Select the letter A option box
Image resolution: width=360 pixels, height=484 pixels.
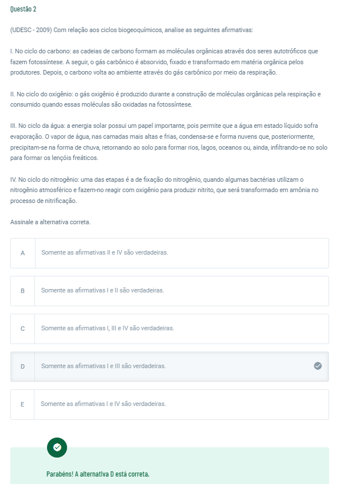(23, 253)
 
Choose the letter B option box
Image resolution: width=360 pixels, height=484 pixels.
(23, 291)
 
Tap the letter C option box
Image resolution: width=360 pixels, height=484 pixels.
(23, 329)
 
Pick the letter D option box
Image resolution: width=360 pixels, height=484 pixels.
(23, 366)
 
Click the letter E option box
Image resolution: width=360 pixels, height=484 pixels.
(23, 404)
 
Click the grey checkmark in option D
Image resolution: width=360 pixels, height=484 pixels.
(318, 366)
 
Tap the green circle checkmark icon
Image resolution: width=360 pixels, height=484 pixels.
(57, 447)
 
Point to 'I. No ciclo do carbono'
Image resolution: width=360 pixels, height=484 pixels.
(41, 52)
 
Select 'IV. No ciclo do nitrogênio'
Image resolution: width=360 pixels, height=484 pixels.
(45, 179)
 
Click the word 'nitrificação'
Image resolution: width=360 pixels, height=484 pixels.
(59, 201)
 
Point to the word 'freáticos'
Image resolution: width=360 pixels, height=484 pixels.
(84, 158)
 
